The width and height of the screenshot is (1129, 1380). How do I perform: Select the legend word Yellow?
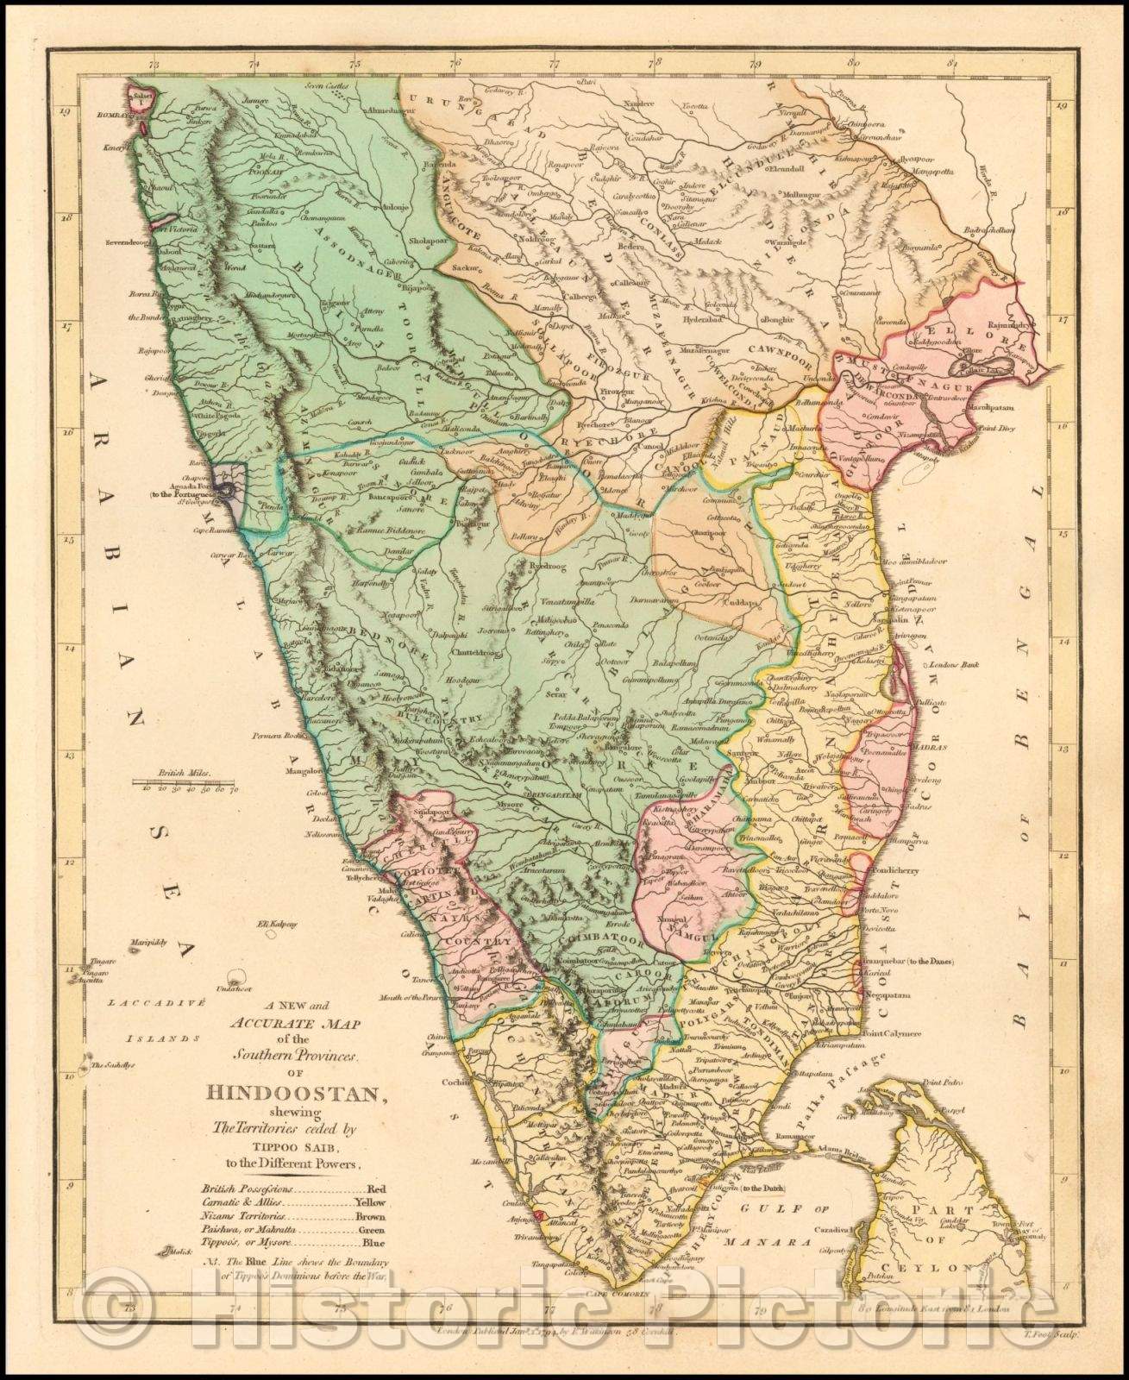[x=371, y=1201]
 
